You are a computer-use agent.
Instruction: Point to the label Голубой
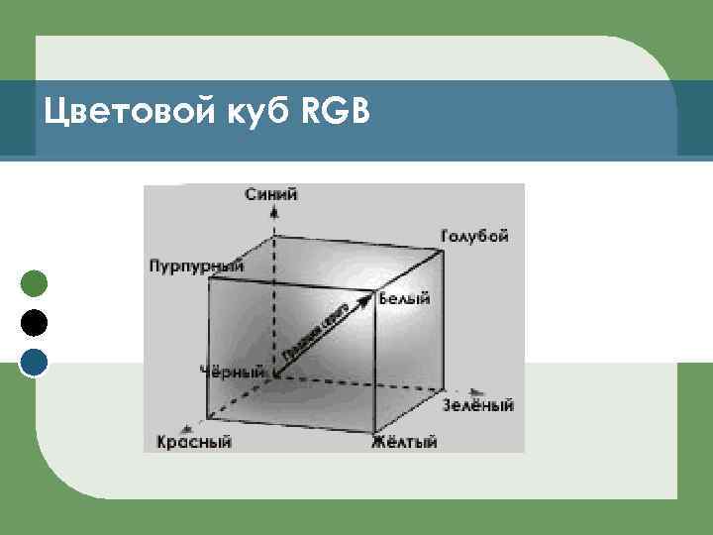(474, 237)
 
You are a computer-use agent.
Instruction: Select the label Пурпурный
(196, 266)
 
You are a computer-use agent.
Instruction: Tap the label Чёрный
(232, 372)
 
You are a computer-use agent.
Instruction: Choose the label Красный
(194, 442)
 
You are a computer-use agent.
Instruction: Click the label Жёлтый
(404, 442)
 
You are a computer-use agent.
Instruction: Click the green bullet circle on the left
(34, 284)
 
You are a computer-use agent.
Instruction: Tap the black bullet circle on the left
(34, 323)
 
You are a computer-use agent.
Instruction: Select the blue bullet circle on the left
(34, 362)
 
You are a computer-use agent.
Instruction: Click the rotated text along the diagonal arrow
(319, 329)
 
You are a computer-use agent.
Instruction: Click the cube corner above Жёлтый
(375, 422)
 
